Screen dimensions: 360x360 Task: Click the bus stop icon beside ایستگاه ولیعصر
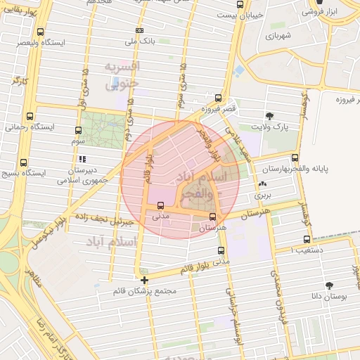point(40,32)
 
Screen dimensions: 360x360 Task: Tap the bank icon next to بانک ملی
point(139,31)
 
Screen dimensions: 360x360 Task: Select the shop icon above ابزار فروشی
point(310,2)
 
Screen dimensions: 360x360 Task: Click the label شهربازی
point(278,34)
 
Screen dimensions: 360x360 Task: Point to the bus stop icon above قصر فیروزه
point(219,98)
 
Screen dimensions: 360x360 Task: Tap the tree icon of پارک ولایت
point(269,116)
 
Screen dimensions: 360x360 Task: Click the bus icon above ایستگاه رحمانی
point(29,117)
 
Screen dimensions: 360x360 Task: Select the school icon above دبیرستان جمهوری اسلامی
point(82,159)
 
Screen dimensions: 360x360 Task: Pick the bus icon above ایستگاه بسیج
point(24,162)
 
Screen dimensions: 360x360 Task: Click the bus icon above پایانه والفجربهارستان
point(294,158)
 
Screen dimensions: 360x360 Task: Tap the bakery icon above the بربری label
point(262,184)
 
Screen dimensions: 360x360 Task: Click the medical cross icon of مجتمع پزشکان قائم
point(144,280)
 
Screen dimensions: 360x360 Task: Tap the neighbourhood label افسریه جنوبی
point(122,75)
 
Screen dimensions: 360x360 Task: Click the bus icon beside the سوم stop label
point(79,129)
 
